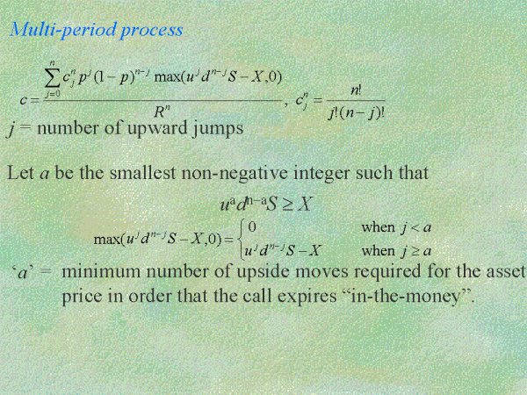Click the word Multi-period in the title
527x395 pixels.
(64, 30)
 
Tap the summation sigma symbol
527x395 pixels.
(52, 79)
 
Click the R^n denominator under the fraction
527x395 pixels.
(162, 111)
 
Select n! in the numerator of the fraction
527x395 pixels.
(356, 90)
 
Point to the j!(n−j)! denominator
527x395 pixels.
(357, 113)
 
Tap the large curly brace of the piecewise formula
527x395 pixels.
(240, 239)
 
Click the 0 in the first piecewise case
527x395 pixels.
(252, 227)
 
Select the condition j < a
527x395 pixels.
(415, 228)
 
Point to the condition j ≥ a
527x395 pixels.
(415, 251)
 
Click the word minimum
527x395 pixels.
(101, 271)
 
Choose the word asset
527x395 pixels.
(506, 272)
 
